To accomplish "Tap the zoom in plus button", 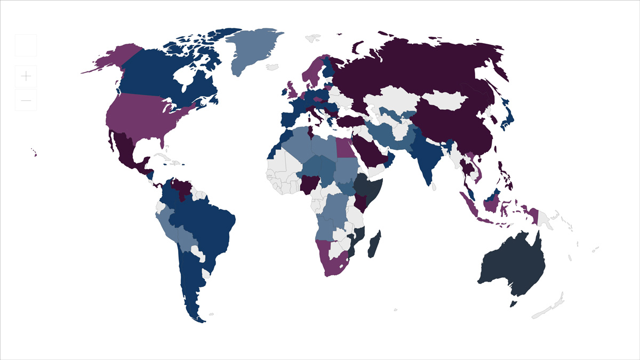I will point(26,76).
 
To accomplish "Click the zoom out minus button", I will point(26,100).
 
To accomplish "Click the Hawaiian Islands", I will point(35,154).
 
